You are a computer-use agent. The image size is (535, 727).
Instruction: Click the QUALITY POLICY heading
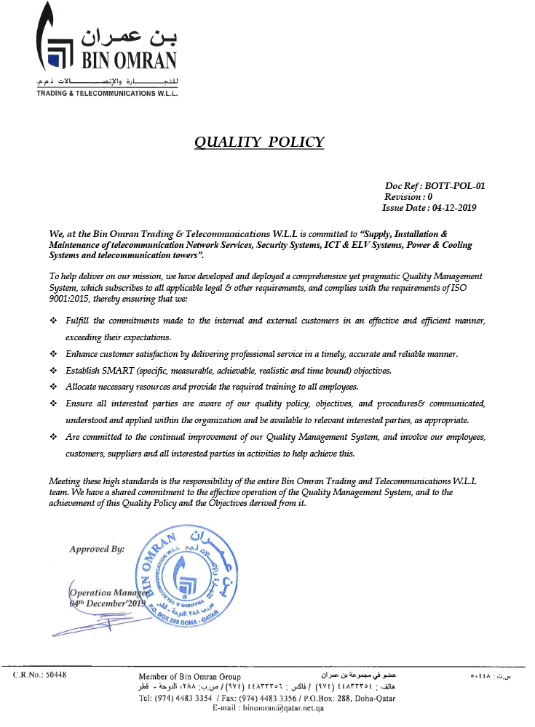coord(259,142)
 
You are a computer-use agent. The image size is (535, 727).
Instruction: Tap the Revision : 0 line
coord(408,197)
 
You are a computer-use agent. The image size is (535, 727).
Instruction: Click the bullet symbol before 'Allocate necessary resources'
coord(53,387)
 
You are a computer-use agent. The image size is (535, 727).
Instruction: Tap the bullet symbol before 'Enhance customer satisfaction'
coord(53,354)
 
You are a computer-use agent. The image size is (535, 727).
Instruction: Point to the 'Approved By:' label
coord(97,549)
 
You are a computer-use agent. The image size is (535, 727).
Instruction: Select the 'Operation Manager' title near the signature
coord(109,593)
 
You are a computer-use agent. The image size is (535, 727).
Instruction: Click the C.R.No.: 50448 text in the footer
coord(40,675)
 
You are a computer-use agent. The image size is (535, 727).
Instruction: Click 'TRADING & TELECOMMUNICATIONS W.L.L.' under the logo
coord(108,92)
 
